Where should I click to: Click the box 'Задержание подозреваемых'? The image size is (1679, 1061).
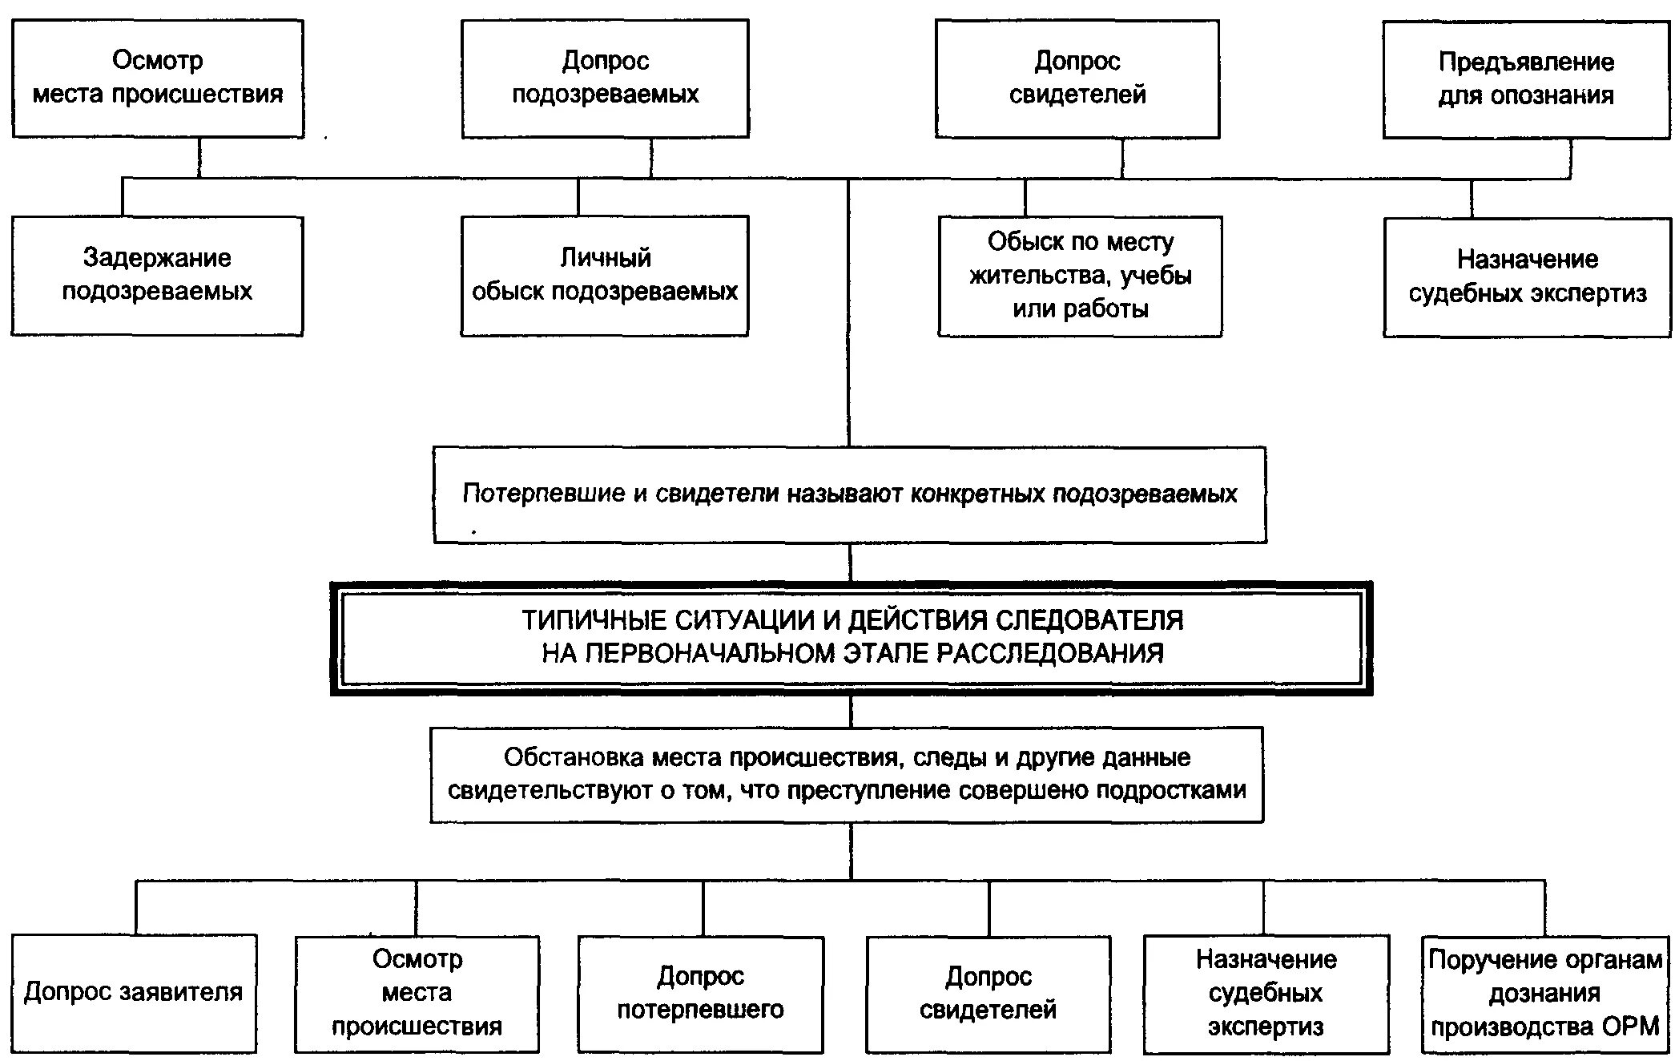(x=157, y=275)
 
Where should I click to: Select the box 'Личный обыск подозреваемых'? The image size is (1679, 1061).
(x=605, y=275)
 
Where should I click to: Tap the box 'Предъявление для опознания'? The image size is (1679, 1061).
(x=1526, y=79)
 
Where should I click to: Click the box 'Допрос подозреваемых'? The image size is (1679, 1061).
(x=605, y=78)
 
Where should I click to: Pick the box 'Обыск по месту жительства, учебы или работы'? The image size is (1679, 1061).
(x=1080, y=276)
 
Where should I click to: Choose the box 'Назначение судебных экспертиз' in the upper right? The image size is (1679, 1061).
(x=1527, y=276)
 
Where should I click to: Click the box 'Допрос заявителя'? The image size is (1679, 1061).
(x=134, y=992)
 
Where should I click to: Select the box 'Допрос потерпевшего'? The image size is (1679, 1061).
(x=700, y=993)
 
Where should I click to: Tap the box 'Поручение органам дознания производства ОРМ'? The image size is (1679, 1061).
(x=1544, y=993)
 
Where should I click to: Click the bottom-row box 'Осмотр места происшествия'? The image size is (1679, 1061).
(x=417, y=993)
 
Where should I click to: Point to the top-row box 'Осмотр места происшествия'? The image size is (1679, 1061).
(x=157, y=78)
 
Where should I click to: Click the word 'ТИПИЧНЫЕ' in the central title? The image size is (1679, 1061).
(x=594, y=620)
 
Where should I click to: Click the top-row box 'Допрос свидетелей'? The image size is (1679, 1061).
(x=1077, y=79)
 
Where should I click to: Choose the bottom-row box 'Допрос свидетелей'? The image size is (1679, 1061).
(x=988, y=993)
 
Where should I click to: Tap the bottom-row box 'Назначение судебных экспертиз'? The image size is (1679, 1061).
(x=1266, y=993)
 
